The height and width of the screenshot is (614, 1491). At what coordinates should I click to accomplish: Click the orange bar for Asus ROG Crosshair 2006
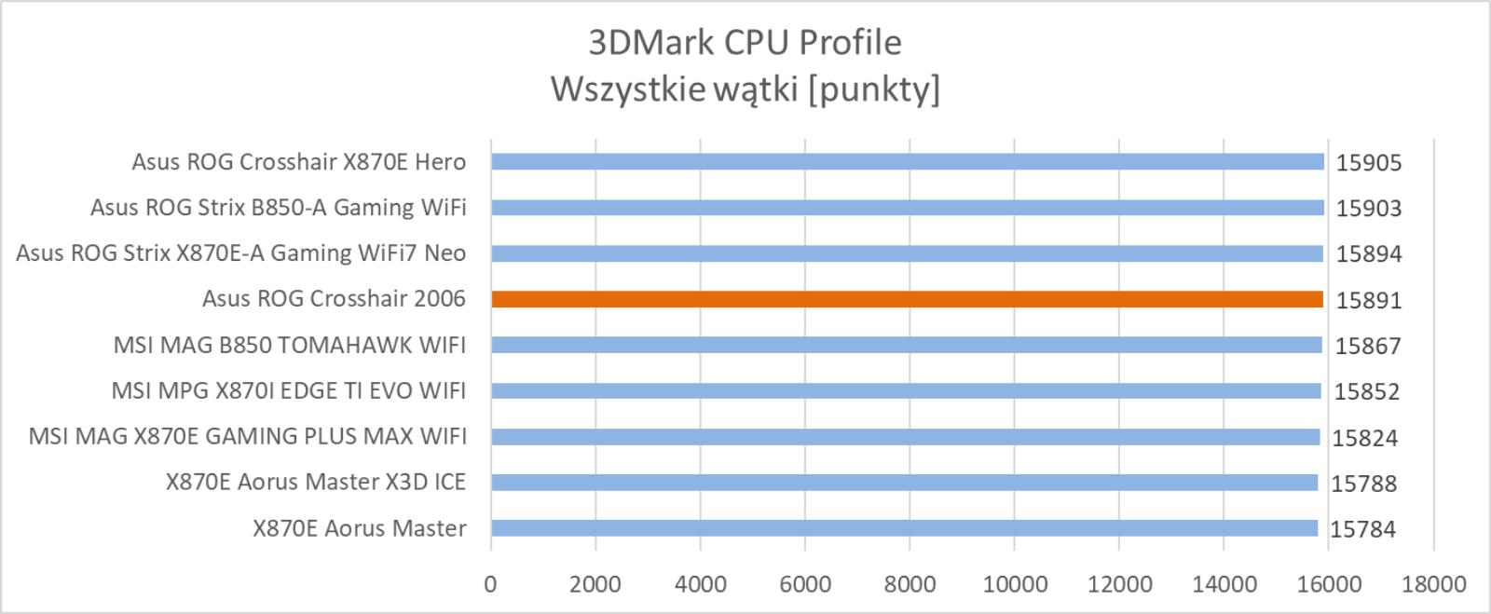pyautogui.click(x=908, y=299)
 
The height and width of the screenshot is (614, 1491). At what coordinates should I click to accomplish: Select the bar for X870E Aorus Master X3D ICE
pyautogui.click(x=905, y=483)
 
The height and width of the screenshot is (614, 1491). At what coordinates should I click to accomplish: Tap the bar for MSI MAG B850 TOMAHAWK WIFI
pyautogui.click(x=907, y=345)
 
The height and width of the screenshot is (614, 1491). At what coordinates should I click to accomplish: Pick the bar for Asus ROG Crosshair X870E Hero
pyautogui.click(x=908, y=161)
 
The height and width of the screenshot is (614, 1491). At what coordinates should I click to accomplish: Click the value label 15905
pyautogui.click(x=1369, y=163)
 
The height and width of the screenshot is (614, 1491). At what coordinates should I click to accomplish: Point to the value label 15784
pyautogui.click(x=1362, y=529)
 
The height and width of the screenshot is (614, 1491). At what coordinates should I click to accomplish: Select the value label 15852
pyautogui.click(x=1366, y=392)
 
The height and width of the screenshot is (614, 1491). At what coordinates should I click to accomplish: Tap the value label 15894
pyautogui.click(x=1369, y=254)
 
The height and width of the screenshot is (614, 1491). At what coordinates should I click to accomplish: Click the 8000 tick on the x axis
pyautogui.click(x=910, y=584)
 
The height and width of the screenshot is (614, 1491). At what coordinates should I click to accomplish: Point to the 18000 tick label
pyautogui.click(x=1434, y=584)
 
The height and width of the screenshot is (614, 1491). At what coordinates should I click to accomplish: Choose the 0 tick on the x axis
pyautogui.click(x=490, y=584)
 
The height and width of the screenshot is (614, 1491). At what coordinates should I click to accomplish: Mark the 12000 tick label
pyautogui.click(x=1119, y=584)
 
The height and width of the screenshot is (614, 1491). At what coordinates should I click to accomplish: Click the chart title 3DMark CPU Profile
pyautogui.click(x=745, y=43)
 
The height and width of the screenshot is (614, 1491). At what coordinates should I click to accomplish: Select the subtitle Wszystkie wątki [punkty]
pyautogui.click(x=745, y=89)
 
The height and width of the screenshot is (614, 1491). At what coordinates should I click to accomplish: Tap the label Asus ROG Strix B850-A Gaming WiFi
pyautogui.click(x=279, y=208)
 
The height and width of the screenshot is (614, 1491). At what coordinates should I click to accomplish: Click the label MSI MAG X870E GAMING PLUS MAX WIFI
pyautogui.click(x=247, y=436)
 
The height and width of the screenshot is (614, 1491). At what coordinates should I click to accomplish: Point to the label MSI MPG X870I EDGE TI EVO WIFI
pyautogui.click(x=288, y=390)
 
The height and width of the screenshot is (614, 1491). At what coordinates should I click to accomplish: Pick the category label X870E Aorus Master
pyautogui.click(x=360, y=528)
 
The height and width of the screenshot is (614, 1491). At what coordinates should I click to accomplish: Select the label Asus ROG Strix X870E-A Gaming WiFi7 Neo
pyautogui.click(x=241, y=253)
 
